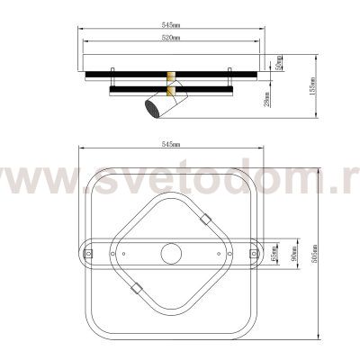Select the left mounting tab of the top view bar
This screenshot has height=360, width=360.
coord(89,255)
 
